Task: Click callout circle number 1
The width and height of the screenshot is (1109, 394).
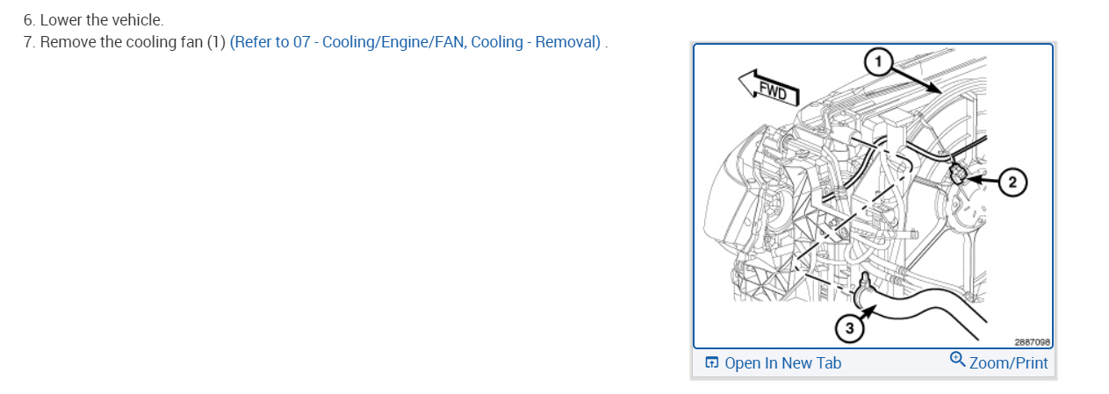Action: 877,61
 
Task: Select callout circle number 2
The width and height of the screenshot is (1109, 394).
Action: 1012,183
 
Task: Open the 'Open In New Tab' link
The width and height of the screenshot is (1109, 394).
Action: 782,363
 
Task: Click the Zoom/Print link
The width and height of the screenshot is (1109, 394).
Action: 1008,363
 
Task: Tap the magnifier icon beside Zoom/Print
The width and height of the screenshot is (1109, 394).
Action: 957,360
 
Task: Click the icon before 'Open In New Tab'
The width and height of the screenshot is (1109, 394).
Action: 712,363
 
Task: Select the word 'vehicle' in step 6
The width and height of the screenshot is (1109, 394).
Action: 136,19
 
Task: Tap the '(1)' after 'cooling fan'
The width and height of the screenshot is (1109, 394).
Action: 216,42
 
